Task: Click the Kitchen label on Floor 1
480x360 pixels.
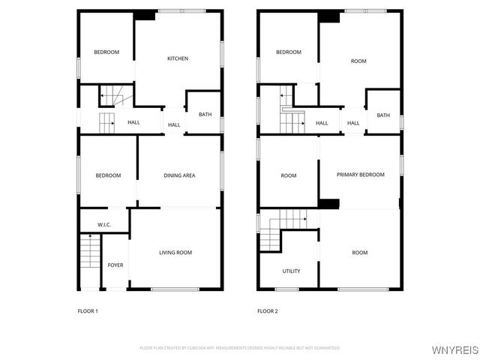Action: point(178,58)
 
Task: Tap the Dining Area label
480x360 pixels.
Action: point(179,175)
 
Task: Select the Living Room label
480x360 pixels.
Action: point(175,253)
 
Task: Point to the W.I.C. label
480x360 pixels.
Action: point(106,225)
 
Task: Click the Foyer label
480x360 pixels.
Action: point(115,265)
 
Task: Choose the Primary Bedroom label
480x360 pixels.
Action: point(360,175)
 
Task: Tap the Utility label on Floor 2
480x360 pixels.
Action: point(291,271)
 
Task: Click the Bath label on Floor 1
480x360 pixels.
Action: point(205,115)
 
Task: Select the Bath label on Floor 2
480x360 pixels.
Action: point(383,115)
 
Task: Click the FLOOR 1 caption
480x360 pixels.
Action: point(88,310)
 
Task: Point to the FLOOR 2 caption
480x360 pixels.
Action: point(267,310)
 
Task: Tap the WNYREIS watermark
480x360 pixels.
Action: point(455,350)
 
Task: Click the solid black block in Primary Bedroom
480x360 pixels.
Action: point(328,202)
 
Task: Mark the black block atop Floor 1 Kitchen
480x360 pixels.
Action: point(144,14)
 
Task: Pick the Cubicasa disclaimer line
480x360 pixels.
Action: point(240,348)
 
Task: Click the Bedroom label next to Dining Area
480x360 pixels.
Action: point(108,175)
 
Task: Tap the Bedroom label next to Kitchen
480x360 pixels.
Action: point(106,52)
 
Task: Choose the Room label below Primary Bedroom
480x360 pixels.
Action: point(360,253)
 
